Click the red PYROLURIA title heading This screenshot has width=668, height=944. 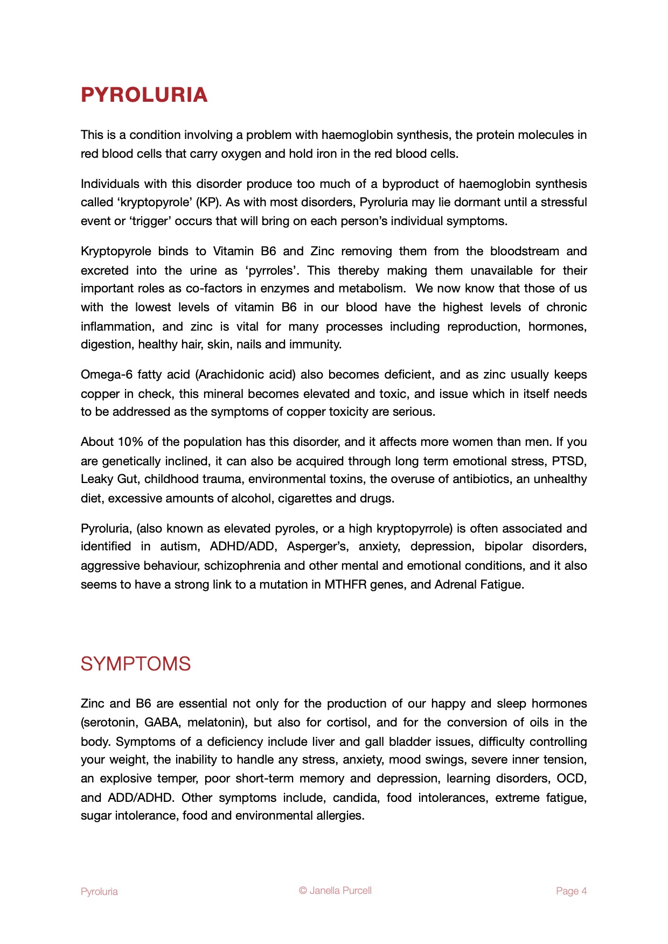[144, 95]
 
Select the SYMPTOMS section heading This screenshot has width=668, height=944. [136, 664]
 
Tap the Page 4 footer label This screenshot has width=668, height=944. [571, 891]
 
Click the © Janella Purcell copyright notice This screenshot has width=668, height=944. [335, 891]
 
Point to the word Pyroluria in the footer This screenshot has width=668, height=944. [99, 892]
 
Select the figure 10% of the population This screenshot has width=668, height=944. [130, 442]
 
